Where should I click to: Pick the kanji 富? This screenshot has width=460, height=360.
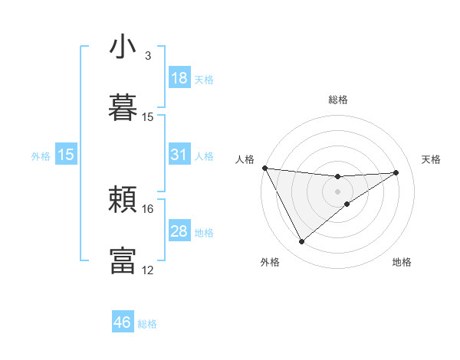[x=123, y=260]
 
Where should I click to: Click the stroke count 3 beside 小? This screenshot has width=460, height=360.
[x=148, y=56]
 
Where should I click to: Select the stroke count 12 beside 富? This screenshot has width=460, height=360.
[x=148, y=270]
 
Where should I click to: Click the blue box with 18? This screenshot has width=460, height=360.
[x=179, y=78]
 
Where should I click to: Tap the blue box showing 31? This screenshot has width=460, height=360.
[x=179, y=155]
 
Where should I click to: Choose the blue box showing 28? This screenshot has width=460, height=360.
[x=179, y=231]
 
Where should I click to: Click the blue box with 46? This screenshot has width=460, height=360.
[x=123, y=322]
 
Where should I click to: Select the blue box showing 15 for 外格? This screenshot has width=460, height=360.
[x=66, y=155]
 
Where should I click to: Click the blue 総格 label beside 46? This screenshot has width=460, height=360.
[x=147, y=324]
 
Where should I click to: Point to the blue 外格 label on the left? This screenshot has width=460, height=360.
[x=41, y=156]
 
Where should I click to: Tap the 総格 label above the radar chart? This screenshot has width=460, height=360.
[x=338, y=100]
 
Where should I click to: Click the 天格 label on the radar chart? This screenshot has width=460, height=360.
[x=432, y=159]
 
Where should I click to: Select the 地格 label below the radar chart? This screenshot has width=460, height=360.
[x=402, y=262]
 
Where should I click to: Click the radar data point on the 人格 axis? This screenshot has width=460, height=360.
[x=264, y=168]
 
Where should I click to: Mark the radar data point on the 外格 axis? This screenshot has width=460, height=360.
[x=301, y=242]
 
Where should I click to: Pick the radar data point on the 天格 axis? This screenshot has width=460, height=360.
[x=396, y=172]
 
